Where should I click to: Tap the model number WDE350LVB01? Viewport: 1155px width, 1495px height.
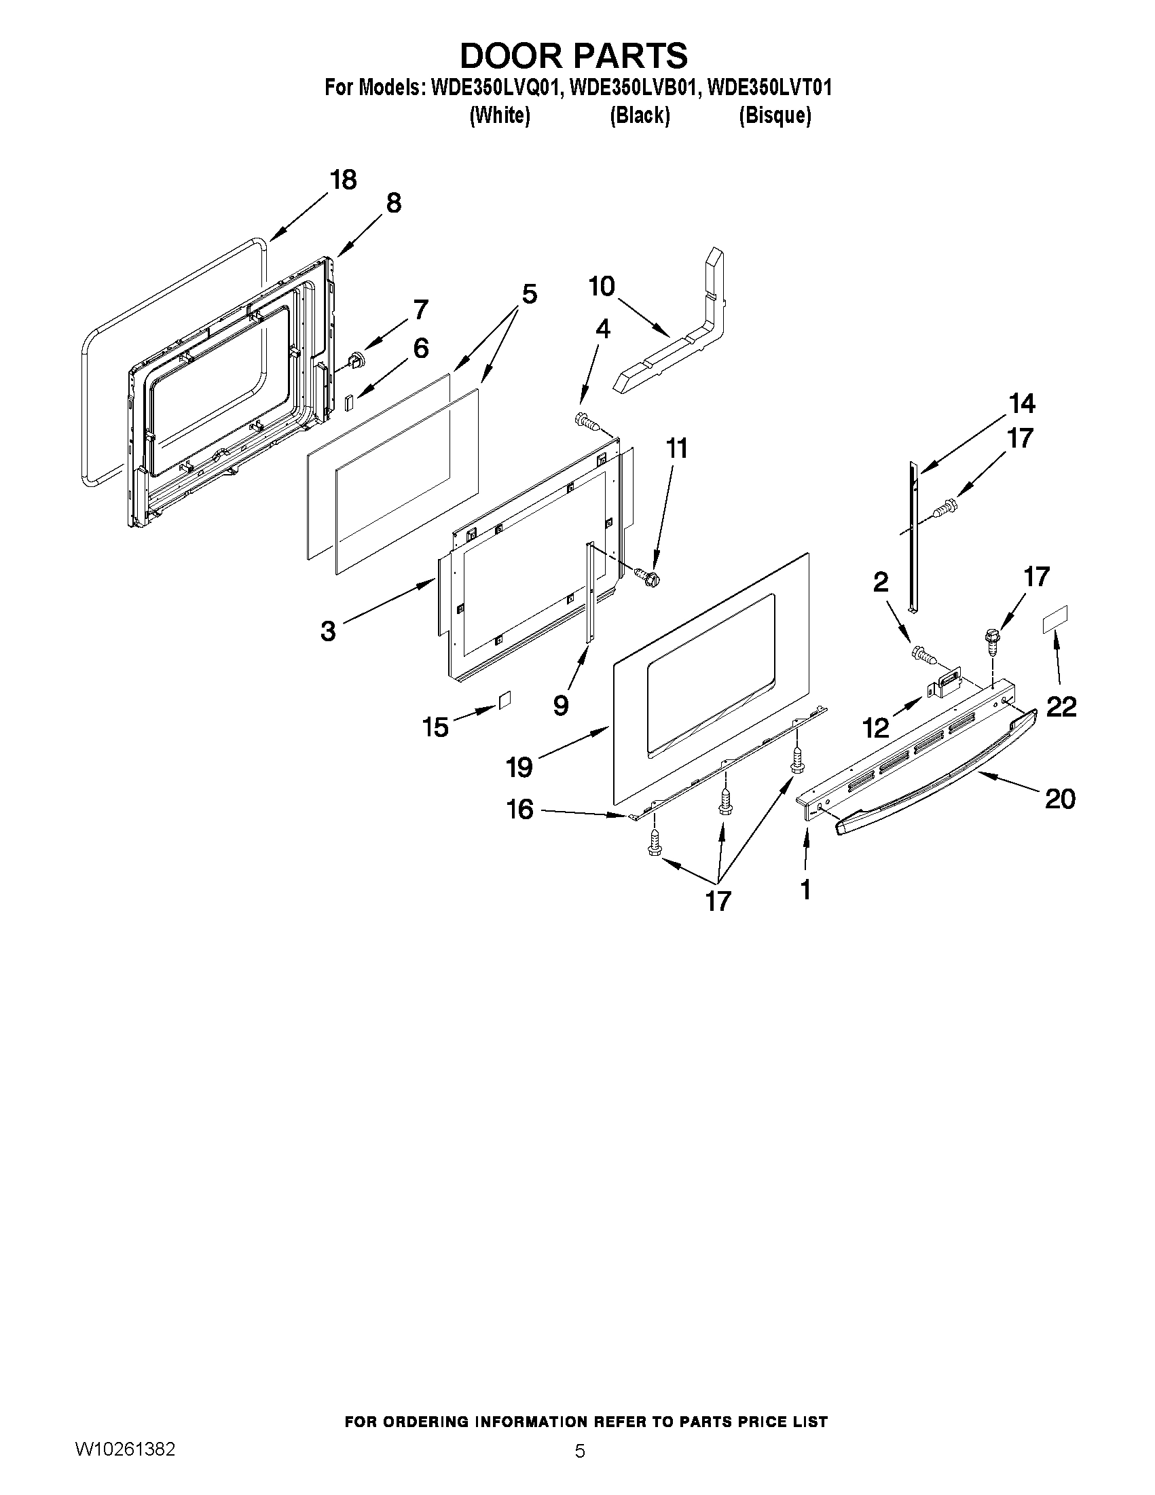[630, 88]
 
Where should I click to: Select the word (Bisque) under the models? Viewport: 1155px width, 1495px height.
[775, 115]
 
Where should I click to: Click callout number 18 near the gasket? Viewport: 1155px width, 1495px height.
[343, 180]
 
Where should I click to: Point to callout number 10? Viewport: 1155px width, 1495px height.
[602, 286]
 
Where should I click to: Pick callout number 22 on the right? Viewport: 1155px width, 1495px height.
[1061, 706]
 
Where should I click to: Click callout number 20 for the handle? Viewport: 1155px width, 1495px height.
[1060, 798]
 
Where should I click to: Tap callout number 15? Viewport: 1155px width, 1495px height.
[436, 727]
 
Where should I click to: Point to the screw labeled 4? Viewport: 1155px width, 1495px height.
[586, 421]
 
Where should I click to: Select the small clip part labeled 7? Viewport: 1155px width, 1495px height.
[356, 360]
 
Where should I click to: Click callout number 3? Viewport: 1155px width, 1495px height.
[328, 630]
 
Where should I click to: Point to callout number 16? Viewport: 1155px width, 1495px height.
[520, 810]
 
